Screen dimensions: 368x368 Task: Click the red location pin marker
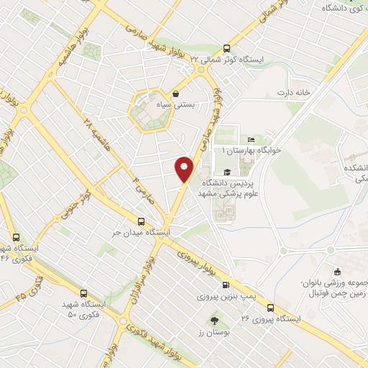pos(185,168)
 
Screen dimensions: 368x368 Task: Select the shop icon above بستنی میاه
pos(177,93)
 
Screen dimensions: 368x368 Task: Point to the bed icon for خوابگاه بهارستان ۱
pos(251,139)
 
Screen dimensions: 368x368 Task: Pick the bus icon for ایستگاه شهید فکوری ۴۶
pos(16,236)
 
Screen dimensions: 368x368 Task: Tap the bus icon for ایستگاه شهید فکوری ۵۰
pos(85,293)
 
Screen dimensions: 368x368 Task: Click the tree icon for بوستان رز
pos(213,320)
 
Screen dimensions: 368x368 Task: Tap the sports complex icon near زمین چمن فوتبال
pos(338,272)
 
